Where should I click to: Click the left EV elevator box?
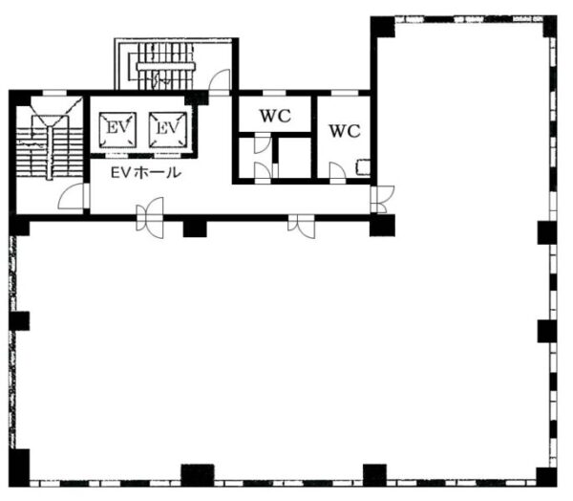pos(117,130)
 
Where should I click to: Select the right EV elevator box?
pos(168,130)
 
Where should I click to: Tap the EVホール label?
pos(146,172)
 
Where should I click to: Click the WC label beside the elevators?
pos(275,116)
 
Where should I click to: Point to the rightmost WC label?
pos(345,131)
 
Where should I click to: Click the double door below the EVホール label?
pos(150,218)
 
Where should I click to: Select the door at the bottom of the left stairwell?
pos(74,196)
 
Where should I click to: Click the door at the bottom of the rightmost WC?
pos(337,173)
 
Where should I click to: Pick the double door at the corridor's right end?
pos(382,200)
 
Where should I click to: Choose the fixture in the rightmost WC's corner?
pos(363,167)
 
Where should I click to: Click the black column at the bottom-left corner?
pos(19,468)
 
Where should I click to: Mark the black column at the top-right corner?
pos(550,27)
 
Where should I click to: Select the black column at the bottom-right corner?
pos(546,476)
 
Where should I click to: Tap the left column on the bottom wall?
pos(198,475)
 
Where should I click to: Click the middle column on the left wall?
pos(19,320)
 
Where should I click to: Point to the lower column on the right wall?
pos(547,331)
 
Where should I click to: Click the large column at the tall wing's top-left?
pos(383,27)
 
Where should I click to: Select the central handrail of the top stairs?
pos(166,66)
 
